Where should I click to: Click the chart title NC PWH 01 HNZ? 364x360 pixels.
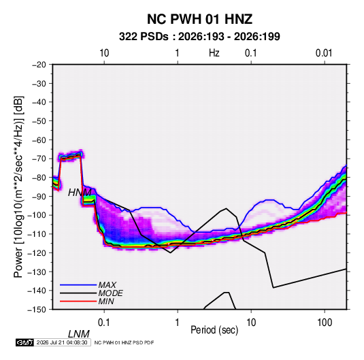199,19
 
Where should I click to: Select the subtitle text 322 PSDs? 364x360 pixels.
144,37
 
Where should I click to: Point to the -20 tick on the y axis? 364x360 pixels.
39,65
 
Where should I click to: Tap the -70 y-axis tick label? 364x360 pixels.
39,159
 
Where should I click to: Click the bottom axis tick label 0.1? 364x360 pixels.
104,323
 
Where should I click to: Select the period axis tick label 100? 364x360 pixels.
325,323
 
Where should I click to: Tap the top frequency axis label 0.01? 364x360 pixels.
324,53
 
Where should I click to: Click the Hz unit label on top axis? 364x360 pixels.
214,53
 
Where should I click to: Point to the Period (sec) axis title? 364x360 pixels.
214,330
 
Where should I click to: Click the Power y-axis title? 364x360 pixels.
18,186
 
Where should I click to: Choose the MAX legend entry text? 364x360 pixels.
107,285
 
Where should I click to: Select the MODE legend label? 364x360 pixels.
110,293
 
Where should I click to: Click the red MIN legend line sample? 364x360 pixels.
78,301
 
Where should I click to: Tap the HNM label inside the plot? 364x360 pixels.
80,193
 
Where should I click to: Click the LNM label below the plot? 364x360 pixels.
78,334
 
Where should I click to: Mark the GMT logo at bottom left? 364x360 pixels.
25,342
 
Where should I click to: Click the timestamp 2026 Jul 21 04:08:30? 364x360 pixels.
62,342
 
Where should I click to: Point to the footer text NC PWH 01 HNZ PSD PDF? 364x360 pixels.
124,342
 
